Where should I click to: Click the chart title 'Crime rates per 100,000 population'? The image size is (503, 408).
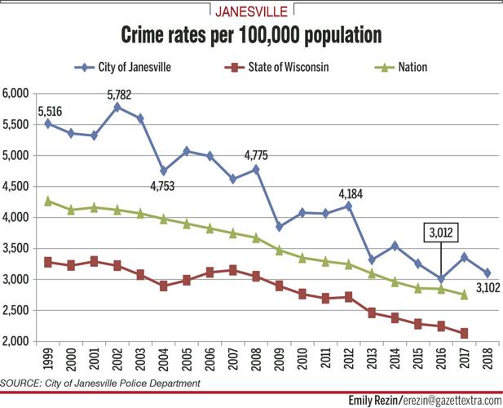coord(251,37)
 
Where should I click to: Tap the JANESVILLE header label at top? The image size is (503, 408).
coord(251,11)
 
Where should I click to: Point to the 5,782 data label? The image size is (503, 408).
coord(118,95)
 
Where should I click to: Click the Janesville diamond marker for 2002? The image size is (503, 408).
coord(118,107)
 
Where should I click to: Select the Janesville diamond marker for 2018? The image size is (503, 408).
coord(488,273)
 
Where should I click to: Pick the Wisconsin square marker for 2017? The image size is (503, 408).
coord(465,333)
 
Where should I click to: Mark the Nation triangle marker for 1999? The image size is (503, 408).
coord(48,200)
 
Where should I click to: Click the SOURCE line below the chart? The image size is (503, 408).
coord(99,383)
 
